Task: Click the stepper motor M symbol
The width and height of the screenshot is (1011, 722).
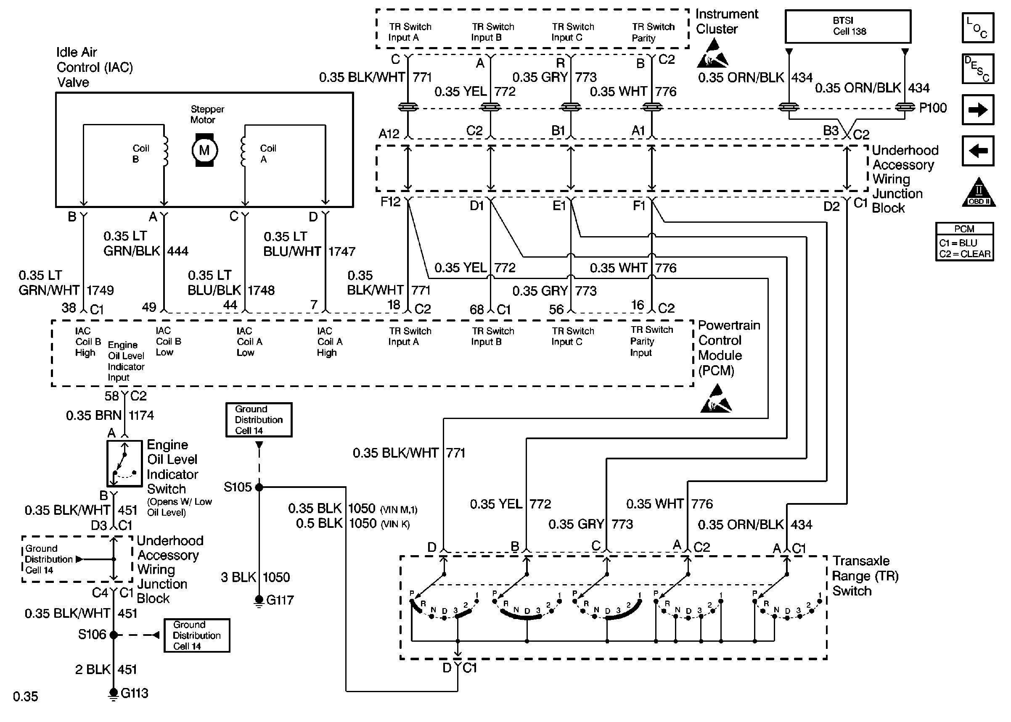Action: pyautogui.click(x=204, y=150)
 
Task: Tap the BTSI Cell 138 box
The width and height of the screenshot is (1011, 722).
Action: pyautogui.click(x=848, y=26)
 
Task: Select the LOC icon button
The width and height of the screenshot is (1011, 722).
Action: pyautogui.click(x=978, y=28)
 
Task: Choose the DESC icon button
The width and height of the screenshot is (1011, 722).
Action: pyautogui.click(x=978, y=69)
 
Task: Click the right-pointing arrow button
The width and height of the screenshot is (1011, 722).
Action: pyautogui.click(x=978, y=109)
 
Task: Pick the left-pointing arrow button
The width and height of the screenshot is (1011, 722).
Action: pyautogui.click(x=978, y=151)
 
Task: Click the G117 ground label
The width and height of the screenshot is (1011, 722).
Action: pyautogui.click(x=280, y=600)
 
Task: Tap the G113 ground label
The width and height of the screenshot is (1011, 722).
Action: pyautogui.click(x=134, y=693)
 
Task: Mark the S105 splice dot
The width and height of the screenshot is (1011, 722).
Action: pyautogui.click(x=259, y=487)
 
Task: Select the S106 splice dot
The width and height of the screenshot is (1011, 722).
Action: pyautogui.click(x=114, y=635)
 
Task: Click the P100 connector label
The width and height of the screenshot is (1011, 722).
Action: pyautogui.click(x=933, y=108)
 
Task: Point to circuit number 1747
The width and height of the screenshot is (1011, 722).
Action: pyautogui.click(x=341, y=252)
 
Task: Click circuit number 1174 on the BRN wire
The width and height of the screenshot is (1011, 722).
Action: pyautogui.click(x=141, y=415)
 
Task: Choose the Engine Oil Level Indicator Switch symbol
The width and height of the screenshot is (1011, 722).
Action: pyautogui.click(x=124, y=463)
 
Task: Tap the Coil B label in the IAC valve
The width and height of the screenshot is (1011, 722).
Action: pyautogui.click(x=140, y=153)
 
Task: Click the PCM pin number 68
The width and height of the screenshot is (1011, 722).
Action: pyautogui.click(x=477, y=309)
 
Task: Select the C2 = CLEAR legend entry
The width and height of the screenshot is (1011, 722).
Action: pyautogui.click(x=964, y=254)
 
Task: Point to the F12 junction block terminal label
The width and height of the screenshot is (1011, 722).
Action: pyautogui.click(x=391, y=202)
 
